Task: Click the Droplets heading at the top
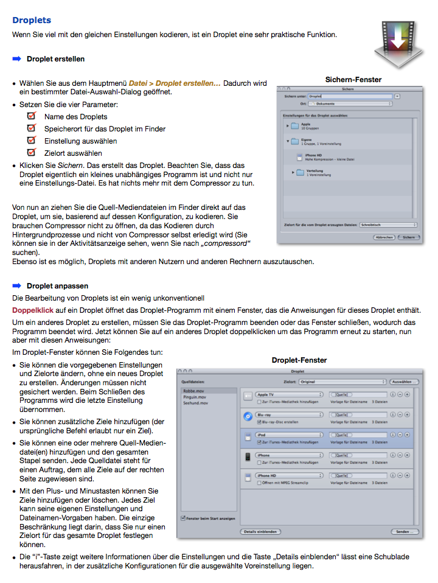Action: pos(32,20)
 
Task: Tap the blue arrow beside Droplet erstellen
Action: pos(16,59)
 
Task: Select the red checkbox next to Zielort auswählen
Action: pos(31,153)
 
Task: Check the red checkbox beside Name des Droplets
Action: pos(31,116)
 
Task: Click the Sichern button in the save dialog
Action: pos(409,237)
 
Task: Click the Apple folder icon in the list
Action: pos(296,125)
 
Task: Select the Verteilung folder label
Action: pos(315,171)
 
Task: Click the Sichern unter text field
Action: pos(350,96)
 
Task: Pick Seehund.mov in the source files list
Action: pos(196,403)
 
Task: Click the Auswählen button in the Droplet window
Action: pos(404,382)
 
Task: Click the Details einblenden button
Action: pos(260,531)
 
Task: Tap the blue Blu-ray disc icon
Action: pos(248,416)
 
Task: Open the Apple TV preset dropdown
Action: pos(289,395)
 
